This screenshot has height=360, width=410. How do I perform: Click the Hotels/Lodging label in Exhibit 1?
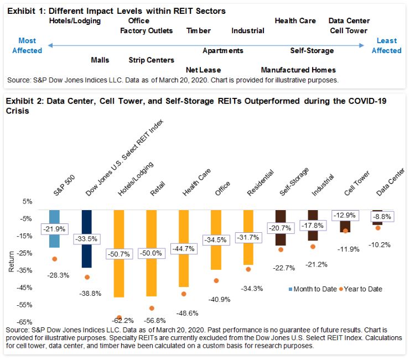[x=75, y=21]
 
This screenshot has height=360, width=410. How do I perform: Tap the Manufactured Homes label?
[x=298, y=70]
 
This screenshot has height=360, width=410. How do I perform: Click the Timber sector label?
[x=199, y=31]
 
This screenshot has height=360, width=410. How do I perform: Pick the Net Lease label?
[x=203, y=70]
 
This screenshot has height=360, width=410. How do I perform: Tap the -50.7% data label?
[x=118, y=254]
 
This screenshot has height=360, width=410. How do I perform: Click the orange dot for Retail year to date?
[x=151, y=308]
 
